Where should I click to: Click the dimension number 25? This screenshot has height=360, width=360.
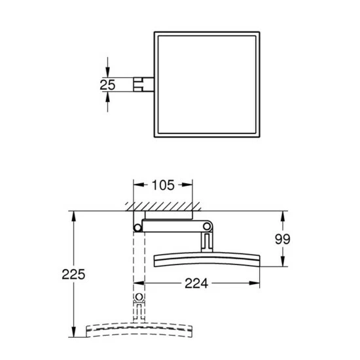[x=107, y=84]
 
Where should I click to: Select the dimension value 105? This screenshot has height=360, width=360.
[x=163, y=185]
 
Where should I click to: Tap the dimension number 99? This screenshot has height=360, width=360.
[x=283, y=239]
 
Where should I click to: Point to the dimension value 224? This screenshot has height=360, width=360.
[x=196, y=283]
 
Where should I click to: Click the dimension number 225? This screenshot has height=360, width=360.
[x=73, y=274]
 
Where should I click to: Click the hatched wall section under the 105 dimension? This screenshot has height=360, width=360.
[x=163, y=206]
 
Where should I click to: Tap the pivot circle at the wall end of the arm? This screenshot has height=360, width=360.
[x=137, y=228]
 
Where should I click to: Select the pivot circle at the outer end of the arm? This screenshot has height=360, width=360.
[x=207, y=226]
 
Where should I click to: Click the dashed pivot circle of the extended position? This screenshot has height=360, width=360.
[x=139, y=297]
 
